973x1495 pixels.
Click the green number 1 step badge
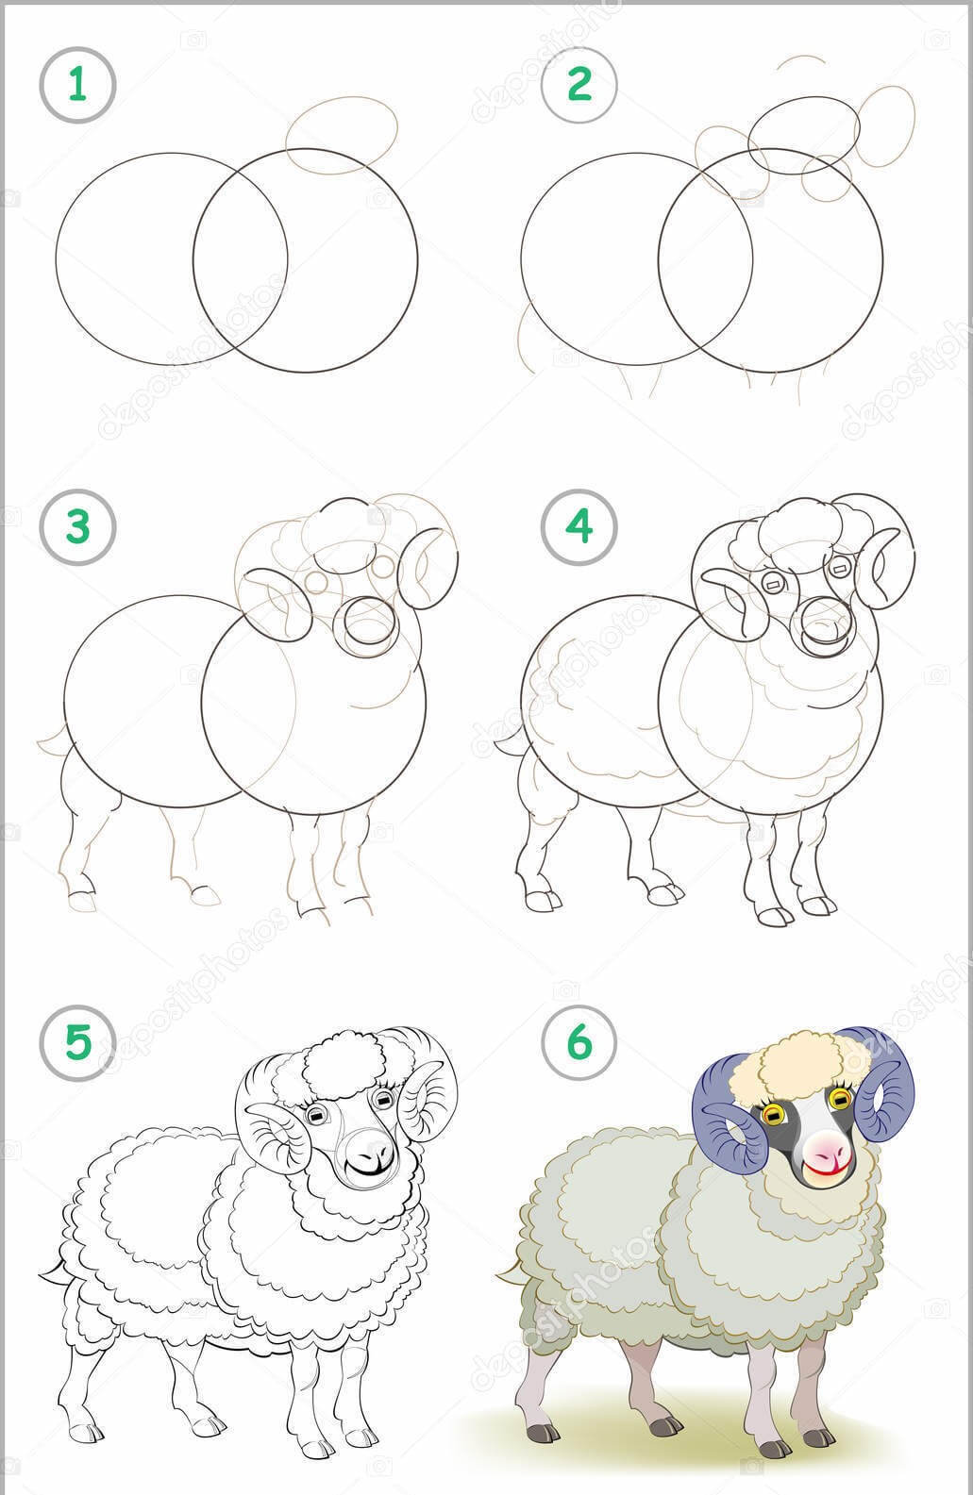pyautogui.click(x=77, y=85)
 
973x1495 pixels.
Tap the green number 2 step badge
pyautogui.click(x=579, y=85)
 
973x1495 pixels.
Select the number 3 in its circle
pyautogui.click(x=77, y=527)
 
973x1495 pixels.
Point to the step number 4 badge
pyautogui.click(x=579, y=527)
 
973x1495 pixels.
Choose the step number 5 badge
pyautogui.click(x=77, y=1042)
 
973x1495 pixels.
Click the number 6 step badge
pyautogui.click(x=579, y=1042)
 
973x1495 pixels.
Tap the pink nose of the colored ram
pyautogui.click(x=827, y=1147)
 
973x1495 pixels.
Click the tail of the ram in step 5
pyautogui.click(x=55, y=1272)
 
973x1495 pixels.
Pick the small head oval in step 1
pyautogui.click(x=342, y=136)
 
